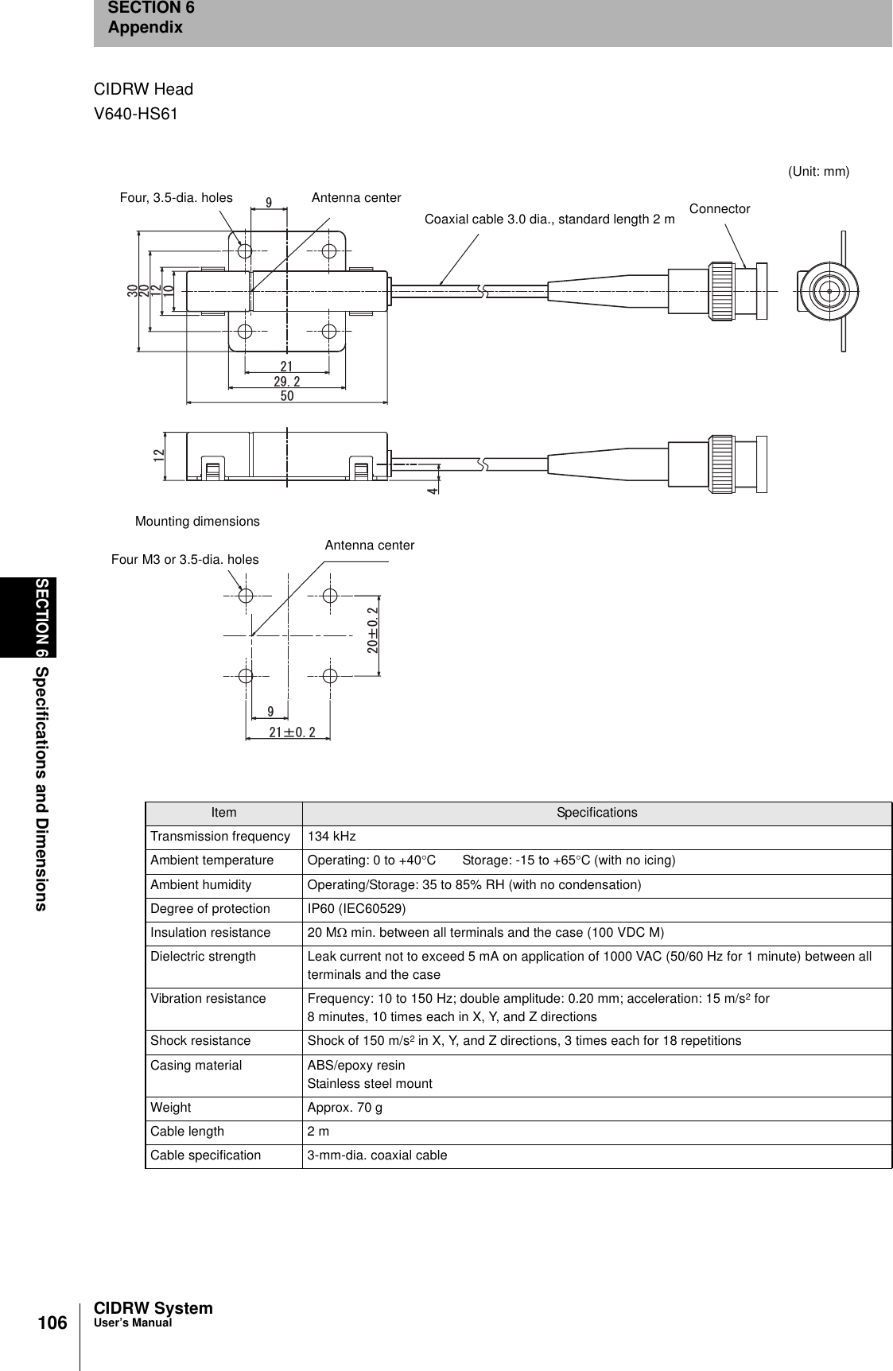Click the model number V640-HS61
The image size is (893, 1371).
[x=136, y=115]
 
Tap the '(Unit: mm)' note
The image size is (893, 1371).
[x=818, y=172]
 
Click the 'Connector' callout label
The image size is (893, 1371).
[x=719, y=209]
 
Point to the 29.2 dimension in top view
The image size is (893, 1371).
[x=287, y=382]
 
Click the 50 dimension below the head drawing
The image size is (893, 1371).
[x=287, y=395]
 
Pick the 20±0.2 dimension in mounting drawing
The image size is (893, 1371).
[x=372, y=631]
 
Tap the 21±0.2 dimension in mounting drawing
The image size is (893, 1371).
[x=292, y=732]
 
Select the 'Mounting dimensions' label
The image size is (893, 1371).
[x=197, y=522]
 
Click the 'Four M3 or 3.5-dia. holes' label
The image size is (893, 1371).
[x=184, y=560]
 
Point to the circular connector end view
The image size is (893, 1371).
[x=829, y=290]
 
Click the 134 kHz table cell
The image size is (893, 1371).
[x=332, y=837]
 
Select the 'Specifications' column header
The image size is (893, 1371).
[x=596, y=813]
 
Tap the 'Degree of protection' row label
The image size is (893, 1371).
[x=211, y=908]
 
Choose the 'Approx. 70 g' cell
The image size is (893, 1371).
[x=344, y=1107]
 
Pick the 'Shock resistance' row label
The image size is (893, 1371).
[x=200, y=1040]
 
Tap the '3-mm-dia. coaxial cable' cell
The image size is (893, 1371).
[x=377, y=1155]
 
